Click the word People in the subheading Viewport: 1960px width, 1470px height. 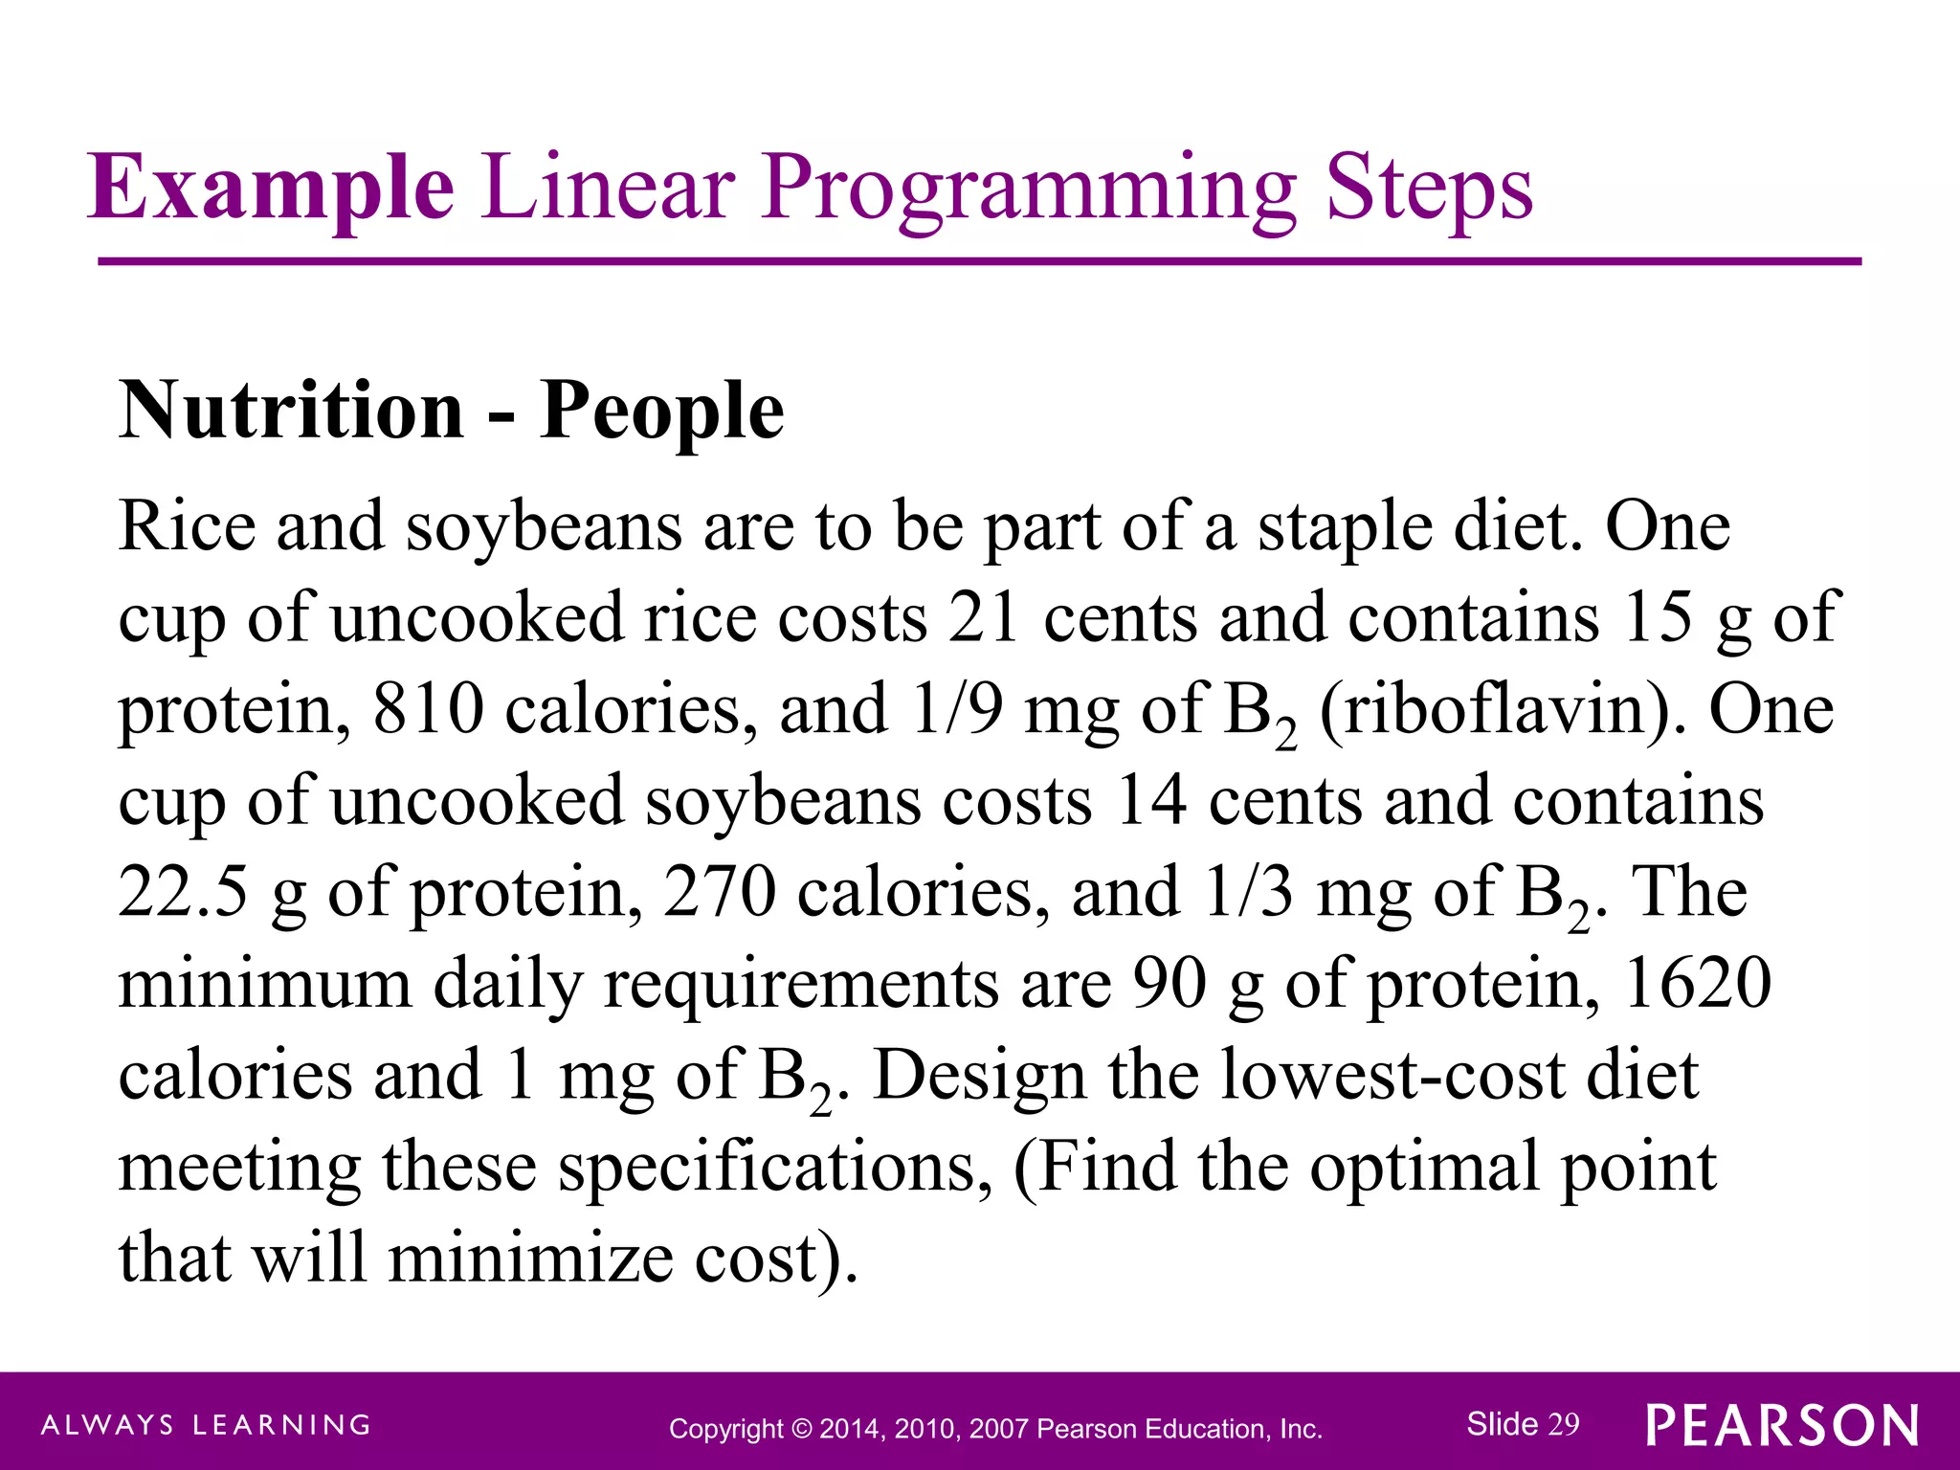pos(662,412)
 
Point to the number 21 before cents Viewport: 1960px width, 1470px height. pos(983,617)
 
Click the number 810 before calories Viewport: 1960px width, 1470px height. pos(429,709)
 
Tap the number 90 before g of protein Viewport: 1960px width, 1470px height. pos(1170,983)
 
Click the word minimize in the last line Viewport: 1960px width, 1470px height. pos(530,1258)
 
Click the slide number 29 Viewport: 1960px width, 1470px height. pos(1564,1424)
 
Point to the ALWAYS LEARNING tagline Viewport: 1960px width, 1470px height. pos(206,1425)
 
